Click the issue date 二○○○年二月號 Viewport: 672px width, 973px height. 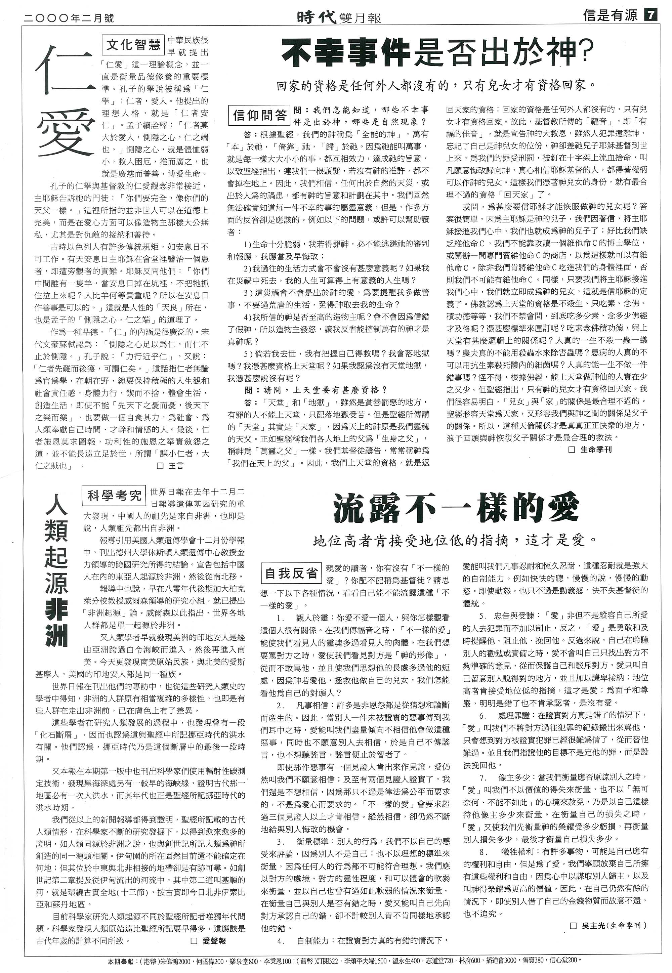(x=70, y=18)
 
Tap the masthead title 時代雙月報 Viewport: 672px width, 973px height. (x=339, y=17)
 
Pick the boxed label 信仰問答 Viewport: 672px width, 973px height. (x=260, y=115)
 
